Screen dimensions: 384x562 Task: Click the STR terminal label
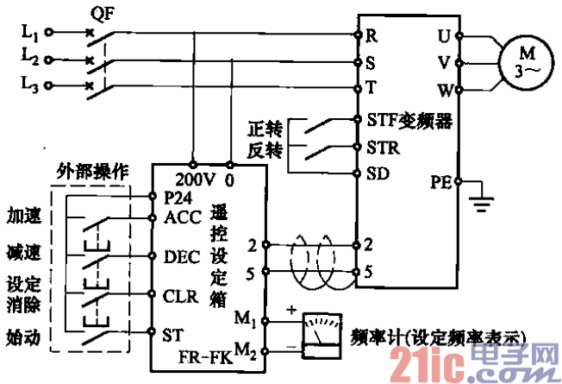[382, 147]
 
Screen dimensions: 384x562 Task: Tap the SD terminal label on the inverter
[377, 173]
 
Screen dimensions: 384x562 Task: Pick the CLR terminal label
[180, 296]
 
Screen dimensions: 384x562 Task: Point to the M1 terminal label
[244, 320]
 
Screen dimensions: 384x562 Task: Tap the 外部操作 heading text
[92, 170]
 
